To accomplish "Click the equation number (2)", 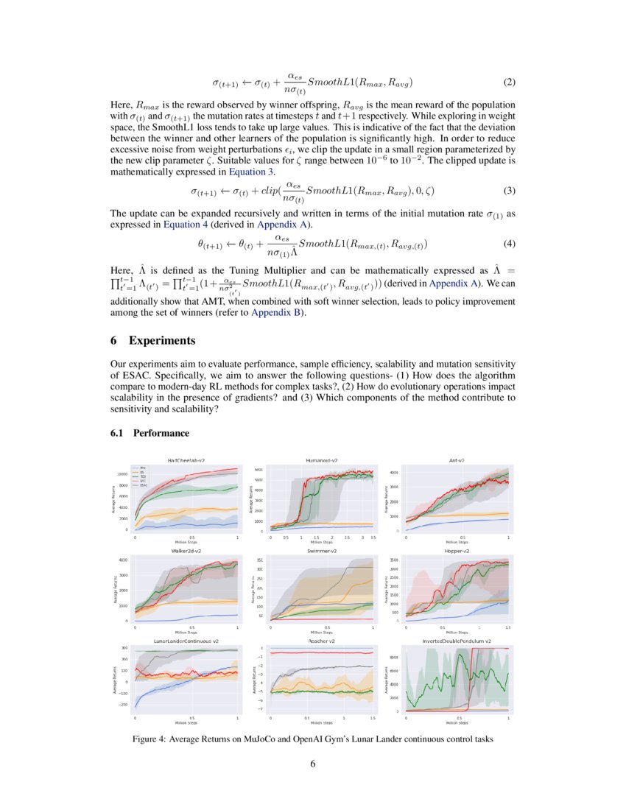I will [508, 81].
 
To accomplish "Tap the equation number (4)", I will [508, 243].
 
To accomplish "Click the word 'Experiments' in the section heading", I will [162, 341].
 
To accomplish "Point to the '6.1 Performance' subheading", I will [150, 433].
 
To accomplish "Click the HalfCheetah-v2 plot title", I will [186, 460].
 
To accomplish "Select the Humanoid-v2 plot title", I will [322, 460].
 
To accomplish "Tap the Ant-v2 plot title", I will [457, 460].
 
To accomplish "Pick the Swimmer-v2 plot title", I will [322, 551].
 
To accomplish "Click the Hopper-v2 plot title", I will [457, 551].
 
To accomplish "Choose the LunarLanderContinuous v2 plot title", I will [186, 641].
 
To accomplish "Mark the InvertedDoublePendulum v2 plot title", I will [457, 641].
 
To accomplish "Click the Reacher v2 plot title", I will [322, 641].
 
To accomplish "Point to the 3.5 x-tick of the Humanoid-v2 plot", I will [373, 538].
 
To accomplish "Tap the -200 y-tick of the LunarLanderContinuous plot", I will [124, 705].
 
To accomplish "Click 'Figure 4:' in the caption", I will [152, 739].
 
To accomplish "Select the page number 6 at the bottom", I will [313, 764].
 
